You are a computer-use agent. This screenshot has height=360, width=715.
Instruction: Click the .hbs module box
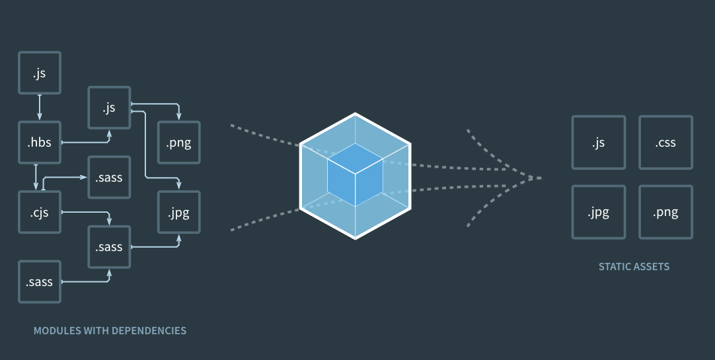[40, 142]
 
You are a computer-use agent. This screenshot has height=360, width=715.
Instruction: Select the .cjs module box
[40, 212]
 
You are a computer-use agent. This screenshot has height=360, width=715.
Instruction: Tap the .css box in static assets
[665, 143]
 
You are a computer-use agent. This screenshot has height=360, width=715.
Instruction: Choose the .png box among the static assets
[665, 212]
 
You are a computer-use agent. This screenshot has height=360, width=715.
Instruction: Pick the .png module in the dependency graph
[178, 142]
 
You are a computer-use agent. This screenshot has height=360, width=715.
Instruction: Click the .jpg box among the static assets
[598, 212]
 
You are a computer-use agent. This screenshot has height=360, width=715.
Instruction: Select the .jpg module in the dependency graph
[178, 212]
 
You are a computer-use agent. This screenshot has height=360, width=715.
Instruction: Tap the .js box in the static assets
[598, 143]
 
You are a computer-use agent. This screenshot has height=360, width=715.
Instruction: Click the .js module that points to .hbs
[40, 73]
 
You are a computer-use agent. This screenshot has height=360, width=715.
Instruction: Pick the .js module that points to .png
[109, 108]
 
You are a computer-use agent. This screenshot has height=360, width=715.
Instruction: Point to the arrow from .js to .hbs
[40, 107]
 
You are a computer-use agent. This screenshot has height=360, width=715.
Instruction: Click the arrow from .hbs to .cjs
[36, 177]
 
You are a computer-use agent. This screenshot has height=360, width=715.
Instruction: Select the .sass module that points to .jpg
[109, 247]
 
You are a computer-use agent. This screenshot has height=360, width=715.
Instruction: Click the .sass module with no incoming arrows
[40, 282]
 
